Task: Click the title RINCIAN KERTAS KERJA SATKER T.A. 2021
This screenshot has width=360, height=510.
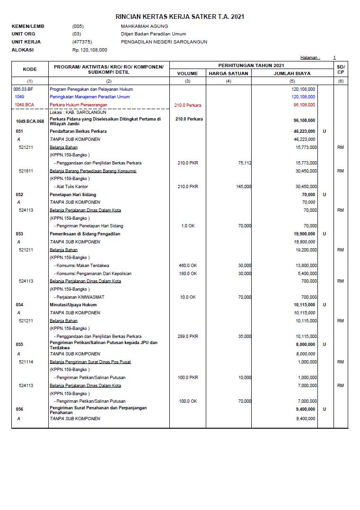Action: coord(180,17)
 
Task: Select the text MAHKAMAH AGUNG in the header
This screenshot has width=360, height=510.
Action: coord(140,26)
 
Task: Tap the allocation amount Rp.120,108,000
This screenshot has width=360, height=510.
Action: coord(90,50)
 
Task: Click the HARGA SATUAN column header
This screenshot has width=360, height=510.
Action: coord(228,74)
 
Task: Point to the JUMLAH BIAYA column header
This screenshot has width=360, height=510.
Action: coord(292,74)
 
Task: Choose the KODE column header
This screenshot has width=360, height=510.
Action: coord(30,69)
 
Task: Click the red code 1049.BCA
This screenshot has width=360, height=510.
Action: coord(24,104)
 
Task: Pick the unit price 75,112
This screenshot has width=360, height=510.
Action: coord(245,163)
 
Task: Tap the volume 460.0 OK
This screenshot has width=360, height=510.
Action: coord(188,266)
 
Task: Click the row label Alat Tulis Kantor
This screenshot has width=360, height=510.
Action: coord(71,187)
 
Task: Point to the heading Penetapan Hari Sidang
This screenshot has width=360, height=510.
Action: coord(73,195)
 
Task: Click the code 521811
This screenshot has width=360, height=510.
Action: coord(26,171)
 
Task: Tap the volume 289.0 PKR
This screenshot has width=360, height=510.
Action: coord(188,337)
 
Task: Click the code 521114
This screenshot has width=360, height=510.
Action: coord(26,362)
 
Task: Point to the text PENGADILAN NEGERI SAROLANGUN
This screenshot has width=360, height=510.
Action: coord(164,42)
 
